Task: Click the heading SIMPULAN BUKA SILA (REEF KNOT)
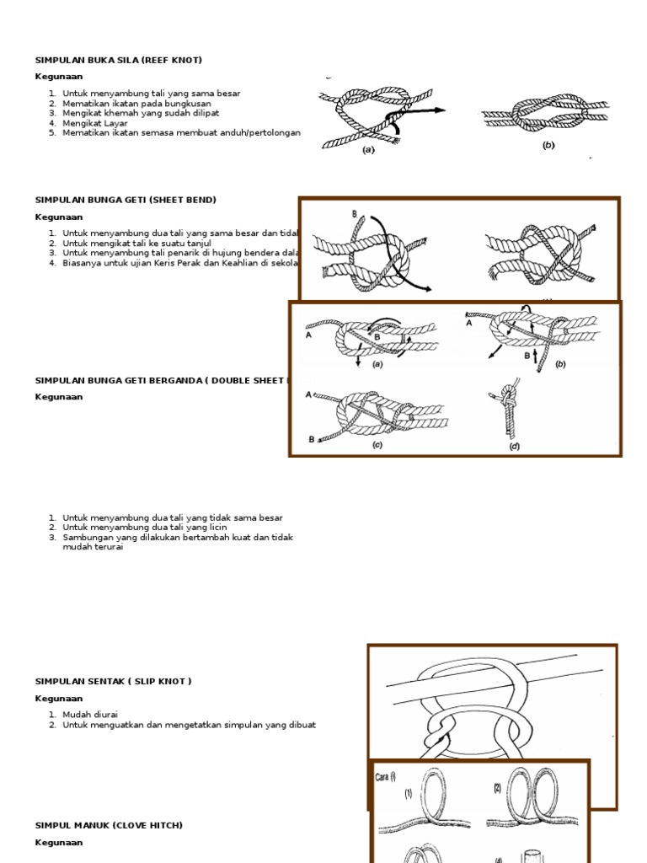pyautogui.click(x=118, y=60)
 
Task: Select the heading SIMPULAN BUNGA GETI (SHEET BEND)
pyautogui.click(x=126, y=200)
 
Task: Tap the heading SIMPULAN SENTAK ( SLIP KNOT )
pyautogui.click(x=113, y=681)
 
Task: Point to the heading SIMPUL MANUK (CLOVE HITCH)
pyautogui.click(x=108, y=825)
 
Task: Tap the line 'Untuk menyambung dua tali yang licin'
pyautogui.click(x=145, y=528)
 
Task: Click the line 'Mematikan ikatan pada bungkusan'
pyautogui.click(x=136, y=103)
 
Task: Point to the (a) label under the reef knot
pyautogui.click(x=368, y=150)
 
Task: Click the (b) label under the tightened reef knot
pyautogui.click(x=548, y=145)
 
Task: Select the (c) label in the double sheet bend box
pyautogui.click(x=377, y=445)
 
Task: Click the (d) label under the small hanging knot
pyautogui.click(x=514, y=446)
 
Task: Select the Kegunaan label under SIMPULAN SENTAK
pyautogui.click(x=59, y=698)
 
